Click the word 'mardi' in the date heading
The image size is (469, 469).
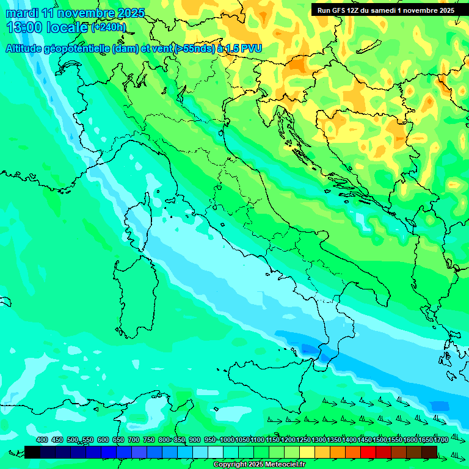click(x=21, y=13)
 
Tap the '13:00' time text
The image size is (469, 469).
click(x=23, y=27)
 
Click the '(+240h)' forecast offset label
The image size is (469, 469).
click(x=109, y=27)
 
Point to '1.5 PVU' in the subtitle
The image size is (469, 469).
click(x=244, y=48)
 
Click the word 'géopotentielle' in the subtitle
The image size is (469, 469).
click(x=80, y=48)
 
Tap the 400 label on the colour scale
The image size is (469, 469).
click(x=42, y=440)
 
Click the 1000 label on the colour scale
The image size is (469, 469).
click(x=227, y=440)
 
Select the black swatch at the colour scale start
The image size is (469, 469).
click(x=32, y=452)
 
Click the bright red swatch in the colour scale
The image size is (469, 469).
click(x=368, y=452)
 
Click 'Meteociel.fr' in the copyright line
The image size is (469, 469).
click(x=282, y=465)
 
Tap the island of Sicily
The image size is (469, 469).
click(x=269, y=385)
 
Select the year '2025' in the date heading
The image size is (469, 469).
click(x=129, y=13)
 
